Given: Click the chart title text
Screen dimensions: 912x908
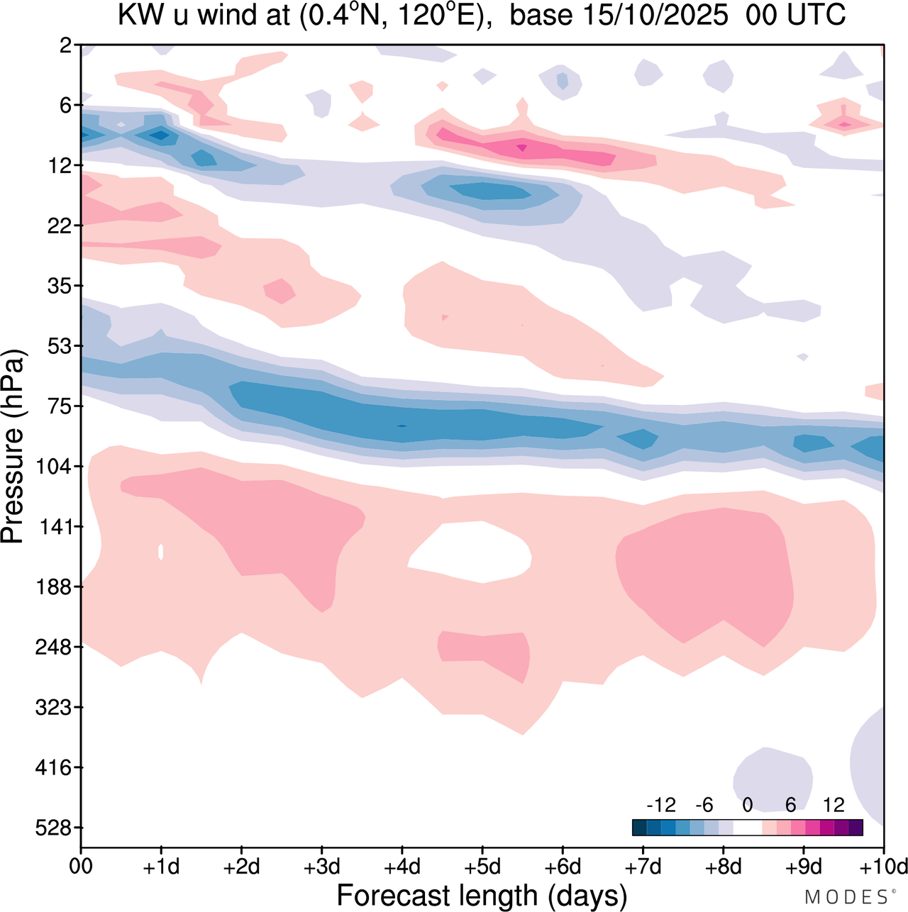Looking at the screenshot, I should coord(482,16).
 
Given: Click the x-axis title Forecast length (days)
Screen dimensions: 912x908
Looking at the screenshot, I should coord(482,896).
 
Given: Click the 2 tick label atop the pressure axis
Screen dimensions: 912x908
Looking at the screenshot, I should coord(66,45).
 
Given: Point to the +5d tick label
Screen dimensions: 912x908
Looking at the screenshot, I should coord(482,867).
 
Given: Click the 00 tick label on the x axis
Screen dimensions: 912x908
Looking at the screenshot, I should coord(81,867).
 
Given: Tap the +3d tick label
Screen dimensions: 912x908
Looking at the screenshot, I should coord(321,867).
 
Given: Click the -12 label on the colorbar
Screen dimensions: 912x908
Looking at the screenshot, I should coord(660,805).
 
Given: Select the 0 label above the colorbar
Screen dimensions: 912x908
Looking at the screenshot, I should coord(747,805).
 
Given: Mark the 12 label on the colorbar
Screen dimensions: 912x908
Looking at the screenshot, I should coord(834,805).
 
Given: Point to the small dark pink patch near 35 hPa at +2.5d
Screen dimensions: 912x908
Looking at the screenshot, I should coord(279,290).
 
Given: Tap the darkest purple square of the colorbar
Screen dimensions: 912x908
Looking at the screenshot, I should coord(856,828).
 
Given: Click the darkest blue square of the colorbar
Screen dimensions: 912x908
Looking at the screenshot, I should coord(639,828).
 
